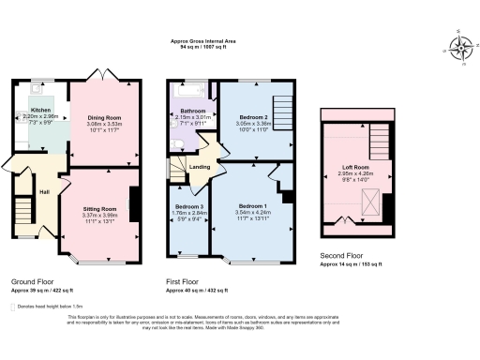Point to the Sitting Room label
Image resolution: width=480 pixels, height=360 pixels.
click(x=100, y=208)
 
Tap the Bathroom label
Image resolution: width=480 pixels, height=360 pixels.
click(x=194, y=111)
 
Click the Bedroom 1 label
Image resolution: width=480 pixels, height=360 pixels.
click(x=253, y=205)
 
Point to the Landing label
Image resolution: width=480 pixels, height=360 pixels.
click(x=201, y=168)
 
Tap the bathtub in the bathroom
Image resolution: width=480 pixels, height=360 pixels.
click(x=193, y=91)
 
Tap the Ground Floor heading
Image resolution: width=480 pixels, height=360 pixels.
click(x=32, y=281)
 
